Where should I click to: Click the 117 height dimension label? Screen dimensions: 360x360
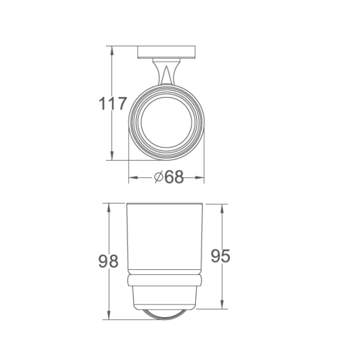pyautogui.click(x=113, y=104)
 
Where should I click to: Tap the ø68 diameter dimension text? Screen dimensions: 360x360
pyautogui.click(x=169, y=177)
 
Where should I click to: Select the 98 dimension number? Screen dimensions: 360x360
pyautogui.click(x=108, y=261)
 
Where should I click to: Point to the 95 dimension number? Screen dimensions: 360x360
pyautogui.click(x=221, y=255)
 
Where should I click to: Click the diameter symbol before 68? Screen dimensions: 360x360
pyautogui.click(x=159, y=177)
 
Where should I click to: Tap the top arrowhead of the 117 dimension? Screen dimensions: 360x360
pyautogui.click(x=112, y=51)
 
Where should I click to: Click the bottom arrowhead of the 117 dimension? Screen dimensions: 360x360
pyautogui.click(x=112, y=156)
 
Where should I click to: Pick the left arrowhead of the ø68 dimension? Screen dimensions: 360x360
pyautogui.click(x=133, y=177)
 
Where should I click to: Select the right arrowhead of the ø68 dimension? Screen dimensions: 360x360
pyautogui.click(x=199, y=177)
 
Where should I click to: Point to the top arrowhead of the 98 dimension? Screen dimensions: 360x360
pyautogui.click(x=109, y=208)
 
